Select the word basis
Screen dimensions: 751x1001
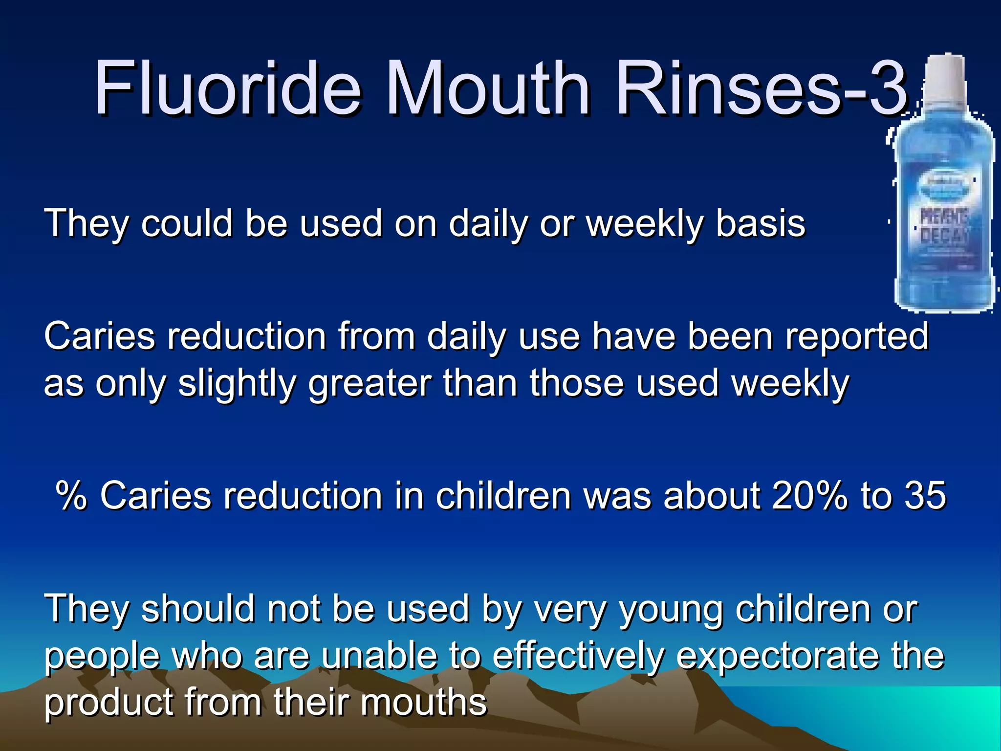(760, 224)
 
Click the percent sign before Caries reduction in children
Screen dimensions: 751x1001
(71, 496)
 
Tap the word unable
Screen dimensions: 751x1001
(379, 656)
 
